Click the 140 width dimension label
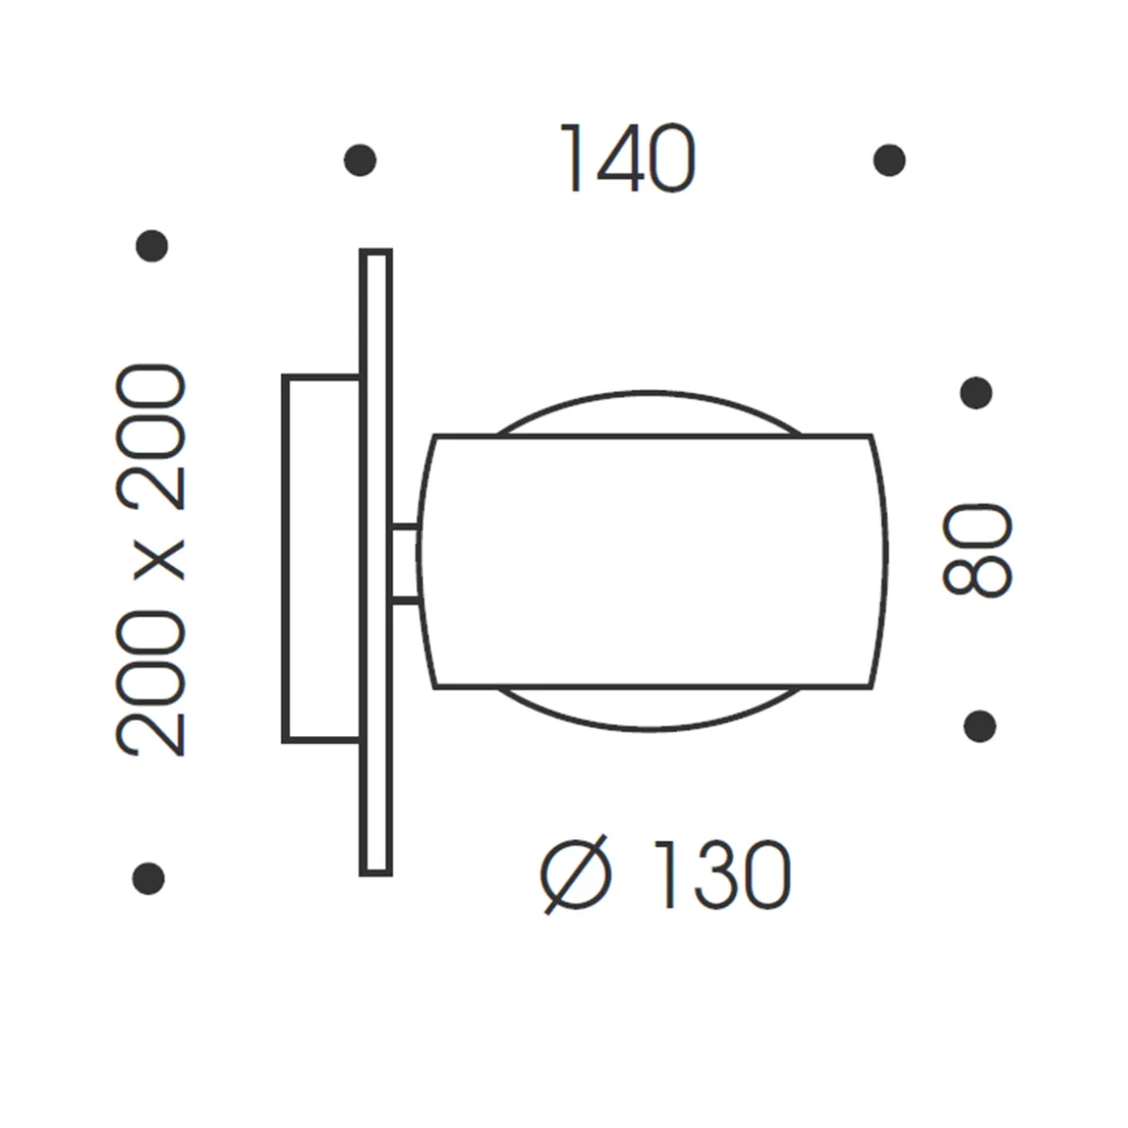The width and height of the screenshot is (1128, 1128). (x=627, y=159)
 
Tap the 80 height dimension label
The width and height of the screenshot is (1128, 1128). (x=977, y=548)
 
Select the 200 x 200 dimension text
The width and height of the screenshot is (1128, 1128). (x=151, y=560)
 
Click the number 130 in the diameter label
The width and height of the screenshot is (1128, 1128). (x=720, y=875)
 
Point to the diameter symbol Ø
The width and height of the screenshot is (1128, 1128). (x=577, y=874)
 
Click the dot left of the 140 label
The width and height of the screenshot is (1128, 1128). (x=360, y=159)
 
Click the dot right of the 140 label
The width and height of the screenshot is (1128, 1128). (x=889, y=159)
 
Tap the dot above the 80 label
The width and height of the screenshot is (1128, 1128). (x=975, y=393)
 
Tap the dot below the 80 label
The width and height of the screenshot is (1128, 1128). (x=979, y=725)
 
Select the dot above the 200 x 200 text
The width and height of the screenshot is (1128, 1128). (x=152, y=245)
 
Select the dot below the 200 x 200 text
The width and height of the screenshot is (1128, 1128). (x=148, y=878)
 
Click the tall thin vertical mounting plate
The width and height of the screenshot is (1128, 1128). (x=375, y=562)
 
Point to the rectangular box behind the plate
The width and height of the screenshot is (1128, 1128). (x=321, y=558)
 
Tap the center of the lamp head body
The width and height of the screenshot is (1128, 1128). (x=652, y=562)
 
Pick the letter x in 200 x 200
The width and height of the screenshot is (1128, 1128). (x=153, y=560)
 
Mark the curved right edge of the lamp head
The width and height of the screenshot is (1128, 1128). (x=885, y=562)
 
